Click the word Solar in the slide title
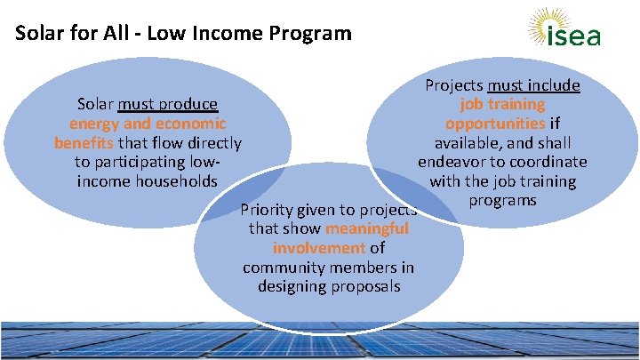(x=37, y=34)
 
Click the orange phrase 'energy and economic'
(x=148, y=124)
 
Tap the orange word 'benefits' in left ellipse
(x=84, y=142)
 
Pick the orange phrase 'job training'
(x=503, y=105)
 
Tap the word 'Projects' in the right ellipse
(x=454, y=85)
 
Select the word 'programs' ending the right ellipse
(x=503, y=200)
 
